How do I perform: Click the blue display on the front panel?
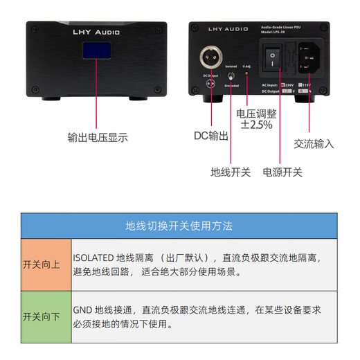click(97, 53)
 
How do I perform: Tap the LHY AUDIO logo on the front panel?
click(96, 32)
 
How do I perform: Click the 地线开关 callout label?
click(231, 172)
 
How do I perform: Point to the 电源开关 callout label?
click(282, 172)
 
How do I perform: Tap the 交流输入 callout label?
click(314, 144)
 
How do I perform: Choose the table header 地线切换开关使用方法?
click(179, 226)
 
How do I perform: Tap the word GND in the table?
click(83, 310)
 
